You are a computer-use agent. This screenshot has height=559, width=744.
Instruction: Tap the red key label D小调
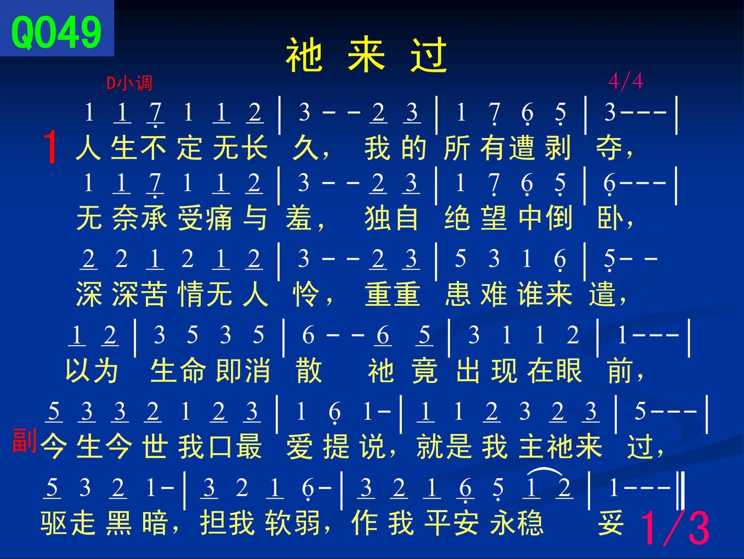[129, 83]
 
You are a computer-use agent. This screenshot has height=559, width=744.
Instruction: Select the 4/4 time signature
[626, 82]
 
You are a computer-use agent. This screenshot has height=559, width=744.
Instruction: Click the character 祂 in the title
[304, 54]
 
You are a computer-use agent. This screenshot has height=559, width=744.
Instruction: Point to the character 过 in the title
[429, 54]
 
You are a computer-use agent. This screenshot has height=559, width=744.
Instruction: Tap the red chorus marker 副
[24, 440]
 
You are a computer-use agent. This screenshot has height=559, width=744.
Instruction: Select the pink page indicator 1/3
[675, 528]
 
